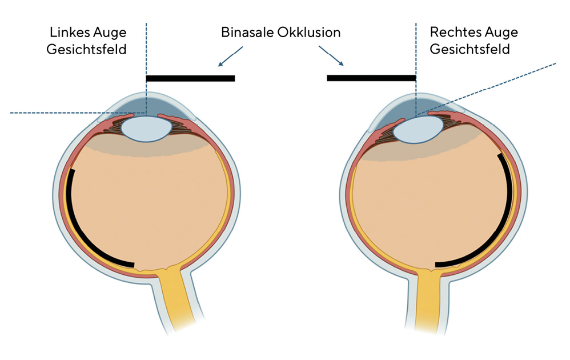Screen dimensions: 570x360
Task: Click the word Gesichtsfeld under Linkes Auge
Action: point(86,49)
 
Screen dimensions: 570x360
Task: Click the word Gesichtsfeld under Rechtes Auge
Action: point(469,49)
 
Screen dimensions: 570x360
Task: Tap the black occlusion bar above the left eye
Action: point(191,78)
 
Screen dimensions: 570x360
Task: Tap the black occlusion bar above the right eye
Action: point(371,78)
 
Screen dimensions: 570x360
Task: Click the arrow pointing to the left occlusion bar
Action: point(230,57)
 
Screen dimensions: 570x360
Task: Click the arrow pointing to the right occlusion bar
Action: point(331,55)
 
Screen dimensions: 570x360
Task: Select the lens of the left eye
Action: point(147,129)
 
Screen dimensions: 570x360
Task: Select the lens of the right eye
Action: point(418,130)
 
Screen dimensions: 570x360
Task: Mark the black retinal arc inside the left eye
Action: point(79,233)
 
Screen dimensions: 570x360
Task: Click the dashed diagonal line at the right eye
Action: point(486,89)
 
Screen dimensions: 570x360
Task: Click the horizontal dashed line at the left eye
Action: point(78,113)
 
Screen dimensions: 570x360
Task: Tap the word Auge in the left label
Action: point(110,33)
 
